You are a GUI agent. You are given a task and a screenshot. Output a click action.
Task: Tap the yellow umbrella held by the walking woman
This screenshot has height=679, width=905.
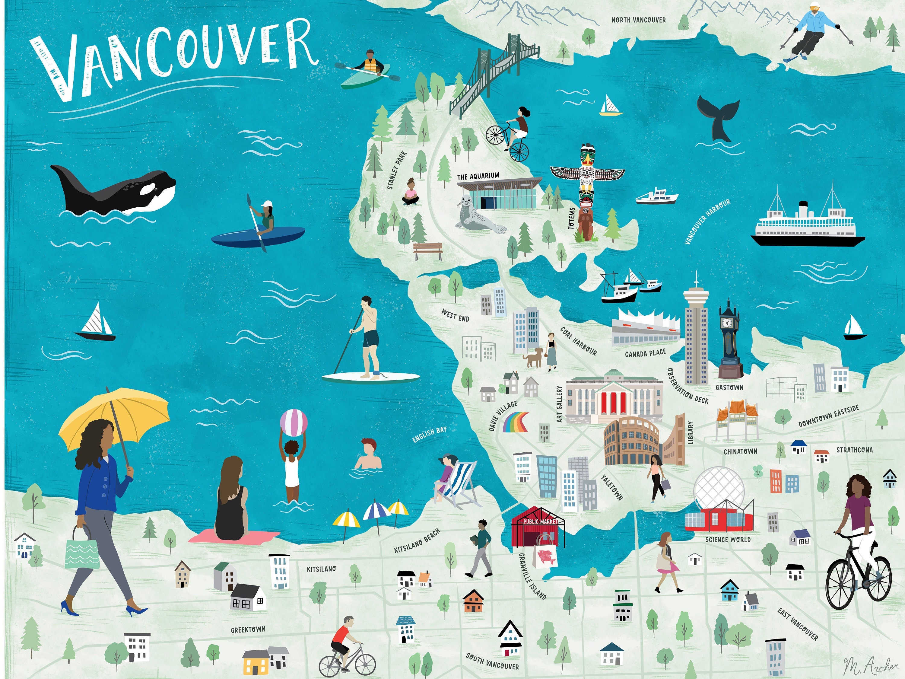point(115,422)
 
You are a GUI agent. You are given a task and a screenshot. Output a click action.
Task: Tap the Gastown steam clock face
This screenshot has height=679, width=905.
point(727,323)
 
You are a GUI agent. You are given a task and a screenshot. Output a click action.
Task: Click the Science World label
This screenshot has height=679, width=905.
point(728,540)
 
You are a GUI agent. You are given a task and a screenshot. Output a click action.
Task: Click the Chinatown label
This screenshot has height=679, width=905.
point(741,452)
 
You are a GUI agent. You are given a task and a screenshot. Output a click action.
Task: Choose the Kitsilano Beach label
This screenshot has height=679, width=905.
point(417,540)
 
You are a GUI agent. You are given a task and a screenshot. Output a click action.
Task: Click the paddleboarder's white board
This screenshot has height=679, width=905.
point(370,377)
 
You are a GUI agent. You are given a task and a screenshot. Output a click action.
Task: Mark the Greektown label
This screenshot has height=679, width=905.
point(248,630)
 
